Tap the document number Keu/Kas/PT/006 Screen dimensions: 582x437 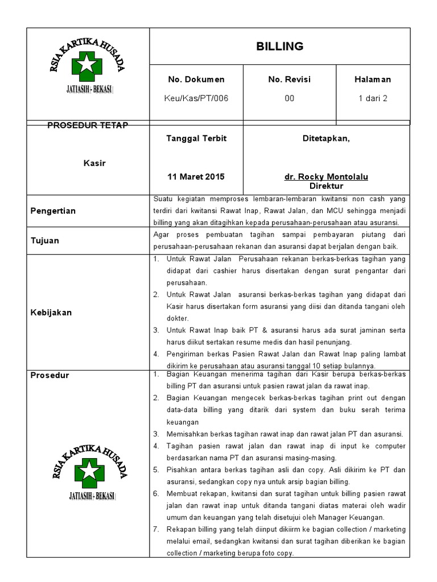[x=196, y=98]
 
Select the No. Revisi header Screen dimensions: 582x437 [x=289, y=80]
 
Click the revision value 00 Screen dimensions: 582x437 [x=289, y=98]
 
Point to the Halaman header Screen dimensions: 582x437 [x=373, y=80]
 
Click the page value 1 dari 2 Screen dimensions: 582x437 [x=373, y=98]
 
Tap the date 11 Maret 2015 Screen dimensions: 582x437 [x=196, y=177]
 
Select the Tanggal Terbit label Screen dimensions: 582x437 [x=196, y=139]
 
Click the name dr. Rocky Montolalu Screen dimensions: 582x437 [x=326, y=177]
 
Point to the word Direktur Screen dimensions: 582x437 [x=326, y=186]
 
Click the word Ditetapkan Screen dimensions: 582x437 [x=326, y=139]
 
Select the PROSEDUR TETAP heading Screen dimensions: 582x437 [x=87, y=125]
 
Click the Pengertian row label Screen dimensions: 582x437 [x=53, y=211]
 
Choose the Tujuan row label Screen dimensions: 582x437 [x=44, y=240]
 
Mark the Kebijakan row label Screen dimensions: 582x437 [x=51, y=313]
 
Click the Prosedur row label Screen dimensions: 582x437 [x=49, y=376]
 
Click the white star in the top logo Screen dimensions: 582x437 [x=87, y=65]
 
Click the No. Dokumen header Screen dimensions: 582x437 [x=196, y=80]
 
